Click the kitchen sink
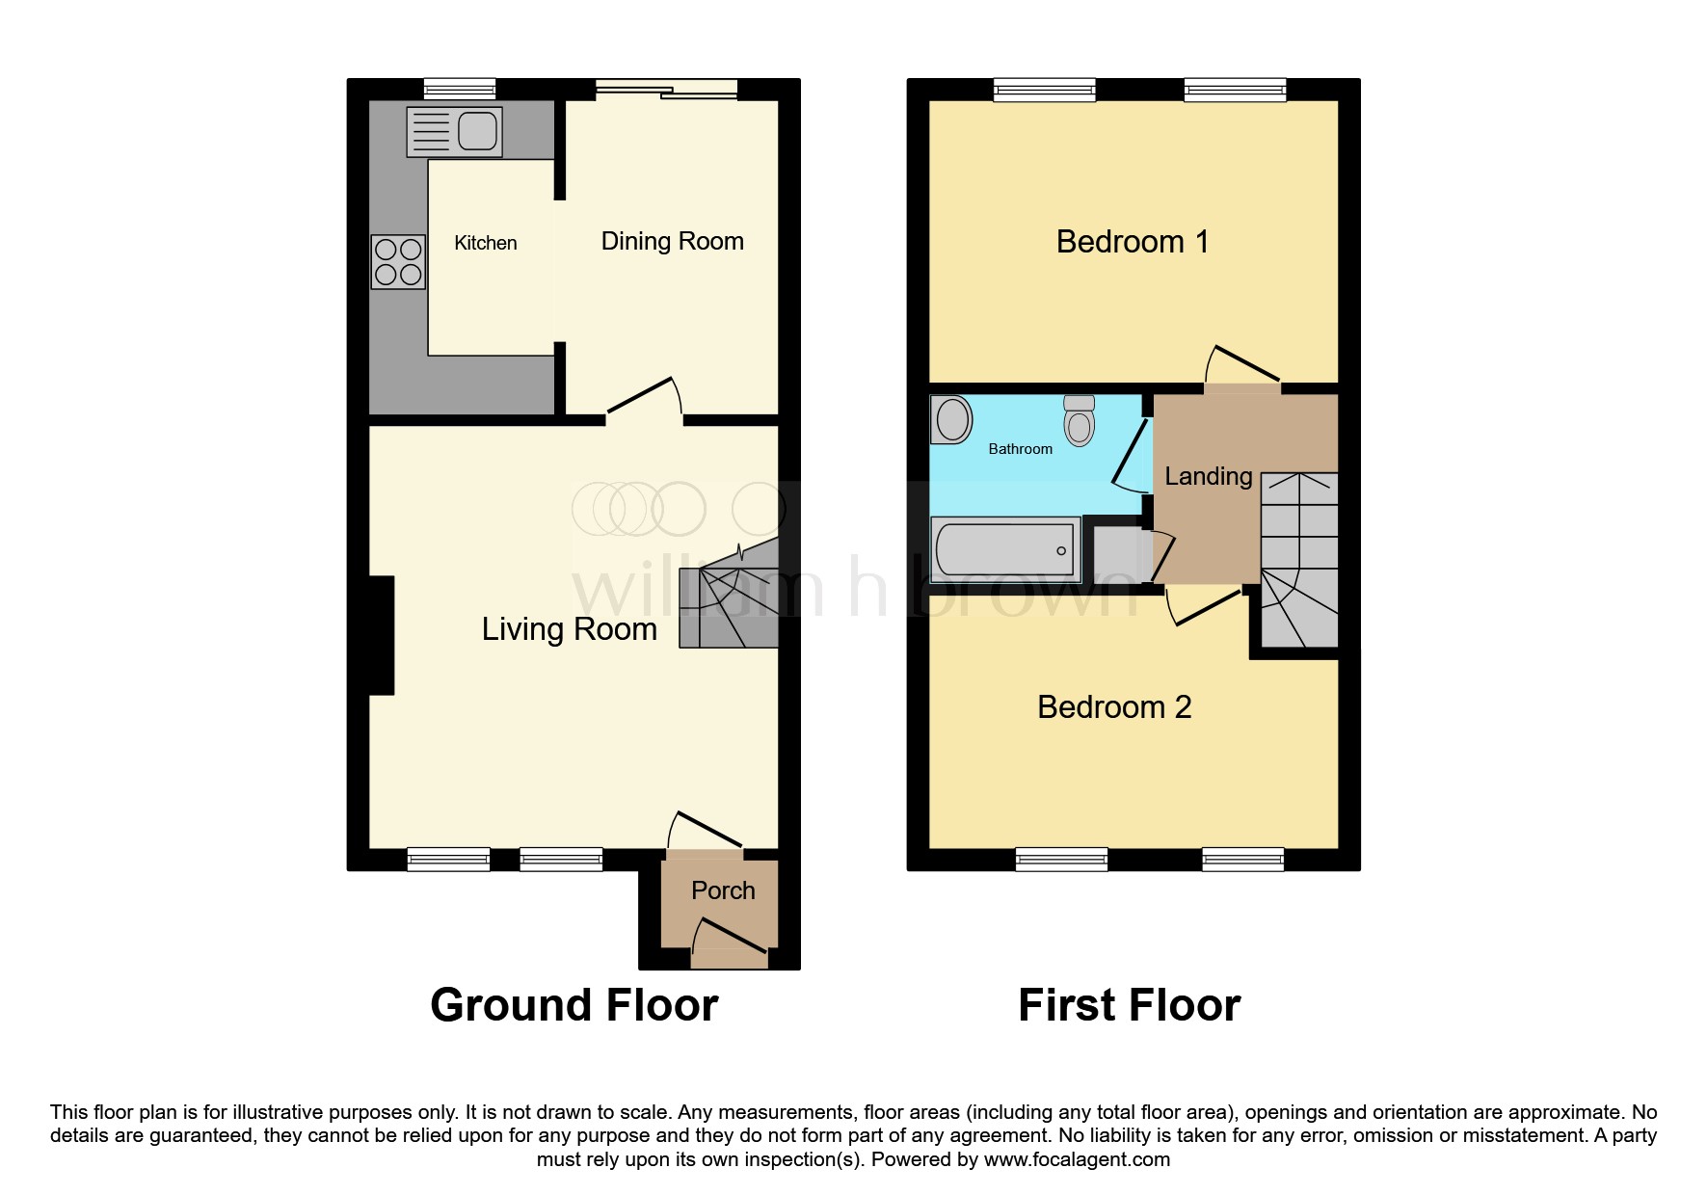pyautogui.click(x=455, y=132)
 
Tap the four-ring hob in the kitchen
pyautogui.click(x=398, y=261)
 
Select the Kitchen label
pyautogui.click(x=486, y=243)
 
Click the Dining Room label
pyautogui.click(x=673, y=241)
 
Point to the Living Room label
pyautogui.click(x=570, y=629)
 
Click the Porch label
pyautogui.click(x=723, y=890)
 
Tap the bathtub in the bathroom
pyautogui.click(x=1005, y=549)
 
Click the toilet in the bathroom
pyautogui.click(x=1080, y=420)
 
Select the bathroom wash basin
pyautogui.click(x=952, y=420)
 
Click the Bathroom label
pyautogui.click(x=1021, y=449)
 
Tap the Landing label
pyautogui.click(x=1209, y=476)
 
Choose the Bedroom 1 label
pyautogui.click(x=1133, y=241)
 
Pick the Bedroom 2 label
pyautogui.click(x=1114, y=707)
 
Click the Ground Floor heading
pyautogui.click(x=574, y=1005)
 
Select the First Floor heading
pyautogui.click(x=1130, y=1005)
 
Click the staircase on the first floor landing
pyautogui.click(x=1299, y=559)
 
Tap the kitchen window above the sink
pyautogui.click(x=460, y=90)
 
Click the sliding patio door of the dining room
pyautogui.click(x=666, y=90)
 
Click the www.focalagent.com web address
pyautogui.click(x=1077, y=1159)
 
